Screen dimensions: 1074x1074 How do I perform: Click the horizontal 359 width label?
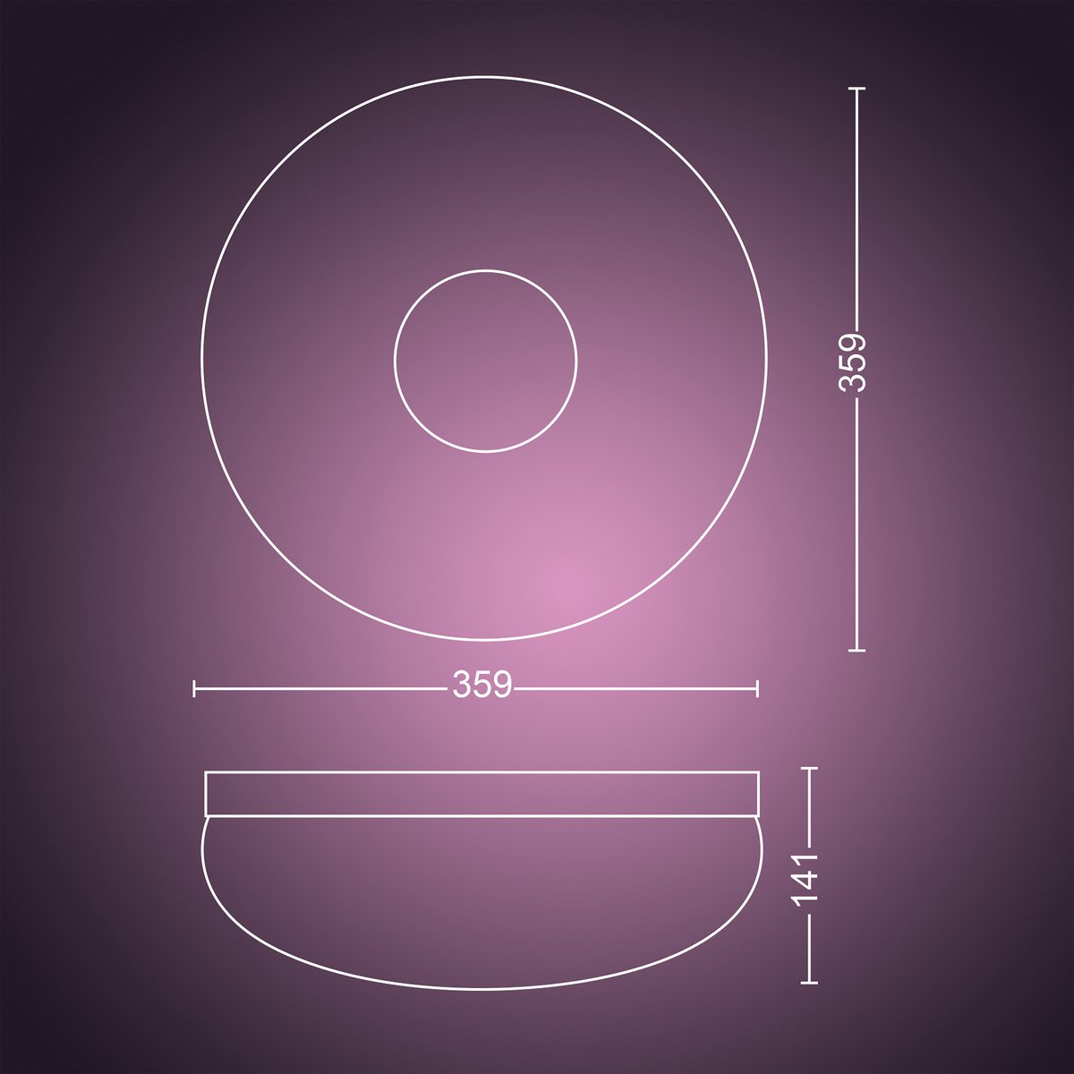(x=482, y=685)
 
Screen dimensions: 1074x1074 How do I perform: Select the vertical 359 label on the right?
(x=853, y=362)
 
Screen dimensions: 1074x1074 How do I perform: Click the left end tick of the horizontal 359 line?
(x=194, y=688)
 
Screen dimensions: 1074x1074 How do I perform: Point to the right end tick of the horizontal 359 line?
(x=757, y=688)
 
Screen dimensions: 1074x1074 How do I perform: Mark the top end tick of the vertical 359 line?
(x=857, y=89)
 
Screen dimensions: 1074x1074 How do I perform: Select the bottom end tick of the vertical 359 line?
(x=857, y=650)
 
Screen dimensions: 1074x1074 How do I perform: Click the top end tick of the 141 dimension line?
(x=809, y=768)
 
